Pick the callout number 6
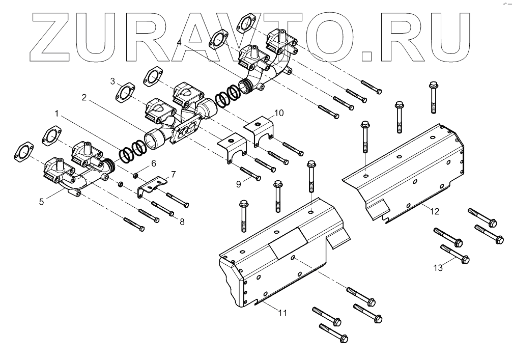coord(153,163)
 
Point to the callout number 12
coord(434,211)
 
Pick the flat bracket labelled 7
coord(152,186)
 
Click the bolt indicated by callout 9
coord(249,174)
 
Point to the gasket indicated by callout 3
coord(125,94)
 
